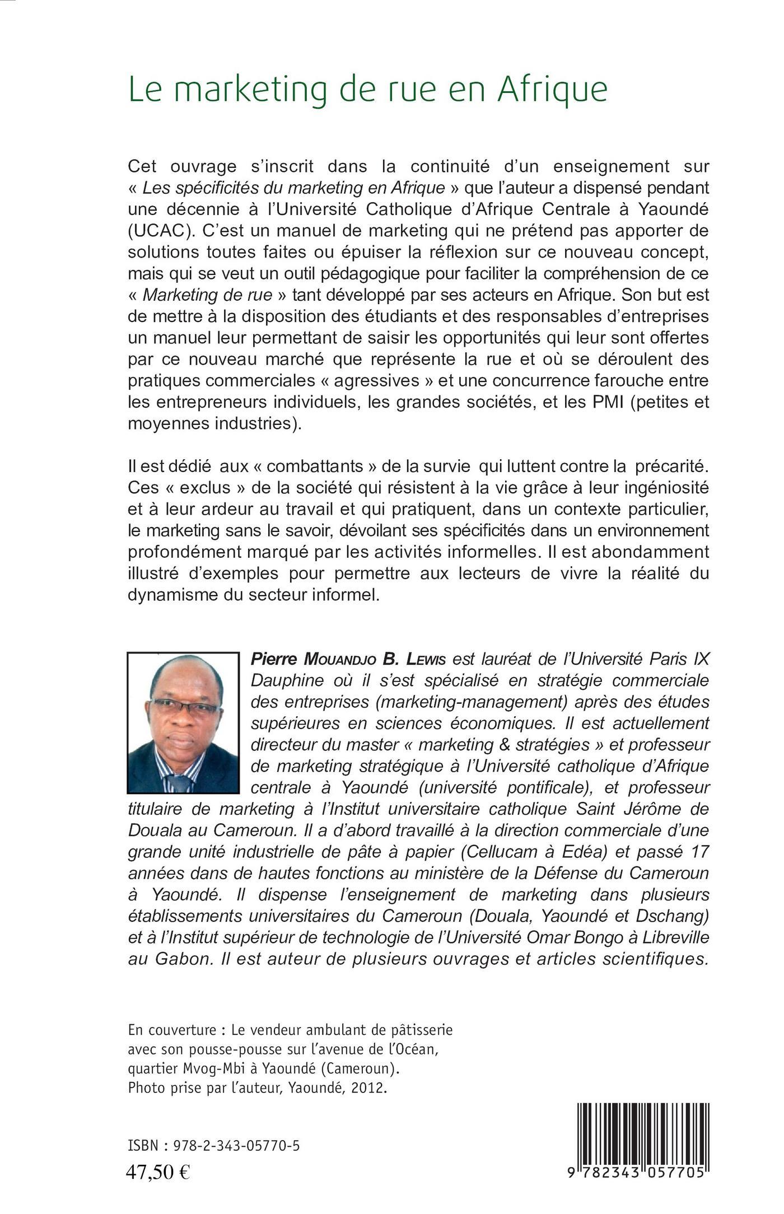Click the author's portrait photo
coord(183,722)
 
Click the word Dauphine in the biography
coord(287,680)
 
